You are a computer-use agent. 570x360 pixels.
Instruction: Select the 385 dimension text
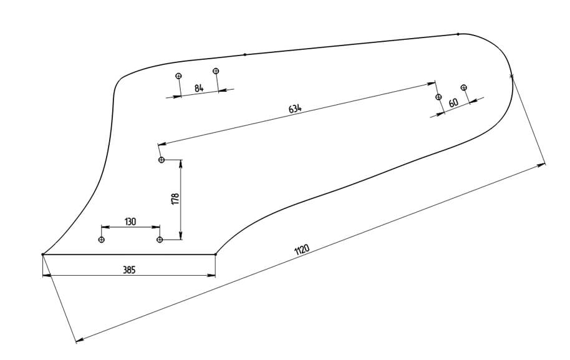(x=129, y=270)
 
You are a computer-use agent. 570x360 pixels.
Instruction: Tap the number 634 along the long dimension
(x=295, y=109)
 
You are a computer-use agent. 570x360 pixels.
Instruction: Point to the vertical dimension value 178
(x=175, y=198)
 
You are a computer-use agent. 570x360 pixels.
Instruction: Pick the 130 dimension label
(x=130, y=221)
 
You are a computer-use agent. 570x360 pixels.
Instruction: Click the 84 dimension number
(x=199, y=89)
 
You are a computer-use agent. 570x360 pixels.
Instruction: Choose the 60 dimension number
(x=453, y=102)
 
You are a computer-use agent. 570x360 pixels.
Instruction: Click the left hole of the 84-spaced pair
(x=179, y=76)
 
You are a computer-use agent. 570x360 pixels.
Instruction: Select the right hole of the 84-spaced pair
(x=216, y=71)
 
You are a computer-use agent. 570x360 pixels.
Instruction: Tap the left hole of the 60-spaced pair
(x=438, y=97)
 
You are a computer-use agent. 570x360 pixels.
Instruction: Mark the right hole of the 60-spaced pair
(x=463, y=88)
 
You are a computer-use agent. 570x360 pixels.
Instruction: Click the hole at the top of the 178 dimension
(x=162, y=160)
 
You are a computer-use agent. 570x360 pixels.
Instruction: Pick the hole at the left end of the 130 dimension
(x=102, y=240)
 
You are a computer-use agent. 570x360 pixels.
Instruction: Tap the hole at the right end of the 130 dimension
(x=160, y=240)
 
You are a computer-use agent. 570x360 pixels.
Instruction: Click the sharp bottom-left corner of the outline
(x=42, y=255)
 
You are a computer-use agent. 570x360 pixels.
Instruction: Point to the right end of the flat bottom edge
(x=215, y=254)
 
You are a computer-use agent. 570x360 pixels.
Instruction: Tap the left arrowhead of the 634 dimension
(x=162, y=144)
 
